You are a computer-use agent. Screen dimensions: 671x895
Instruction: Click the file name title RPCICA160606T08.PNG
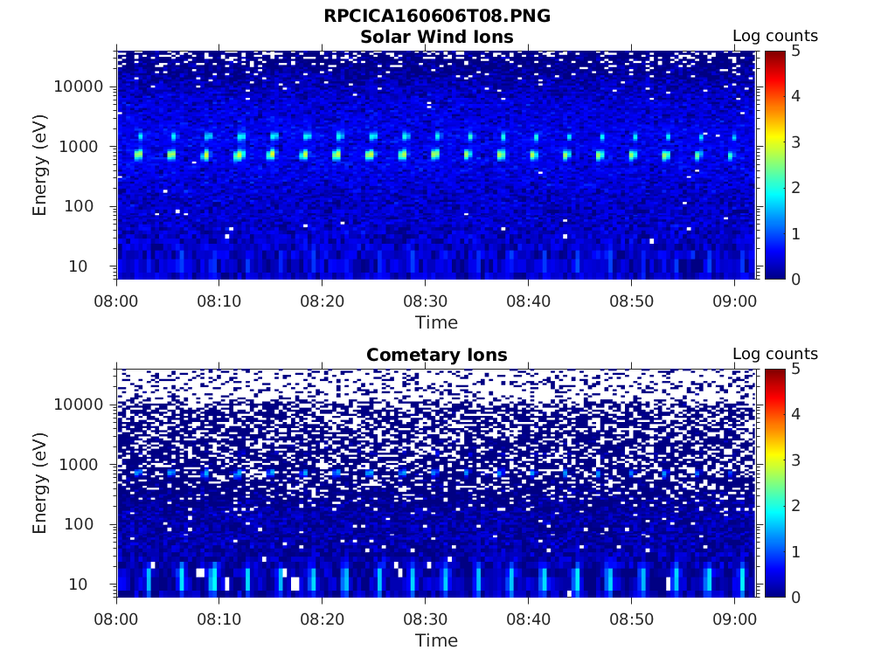coord(436,17)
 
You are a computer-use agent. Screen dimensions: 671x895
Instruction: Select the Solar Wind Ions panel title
coord(436,37)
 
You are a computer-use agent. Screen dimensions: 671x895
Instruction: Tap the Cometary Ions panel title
coord(436,355)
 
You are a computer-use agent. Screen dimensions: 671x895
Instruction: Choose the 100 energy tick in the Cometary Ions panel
coord(89,524)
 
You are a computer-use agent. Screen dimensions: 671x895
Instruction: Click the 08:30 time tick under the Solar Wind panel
coord(425,301)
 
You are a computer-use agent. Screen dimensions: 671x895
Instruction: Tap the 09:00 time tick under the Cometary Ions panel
coord(734,619)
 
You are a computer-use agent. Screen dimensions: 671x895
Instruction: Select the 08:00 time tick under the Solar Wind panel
coord(117,301)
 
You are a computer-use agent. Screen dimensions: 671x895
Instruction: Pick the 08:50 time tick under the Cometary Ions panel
coord(631,619)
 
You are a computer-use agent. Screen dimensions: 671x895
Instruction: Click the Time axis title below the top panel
coord(436,322)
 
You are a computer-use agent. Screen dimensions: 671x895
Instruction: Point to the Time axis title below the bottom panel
coord(436,640)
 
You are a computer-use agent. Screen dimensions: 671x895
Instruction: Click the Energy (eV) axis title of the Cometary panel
coord(40,482)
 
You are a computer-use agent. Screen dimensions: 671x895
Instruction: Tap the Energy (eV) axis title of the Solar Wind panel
coord(40,164)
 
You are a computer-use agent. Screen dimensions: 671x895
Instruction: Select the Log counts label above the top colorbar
coord(774,36)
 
